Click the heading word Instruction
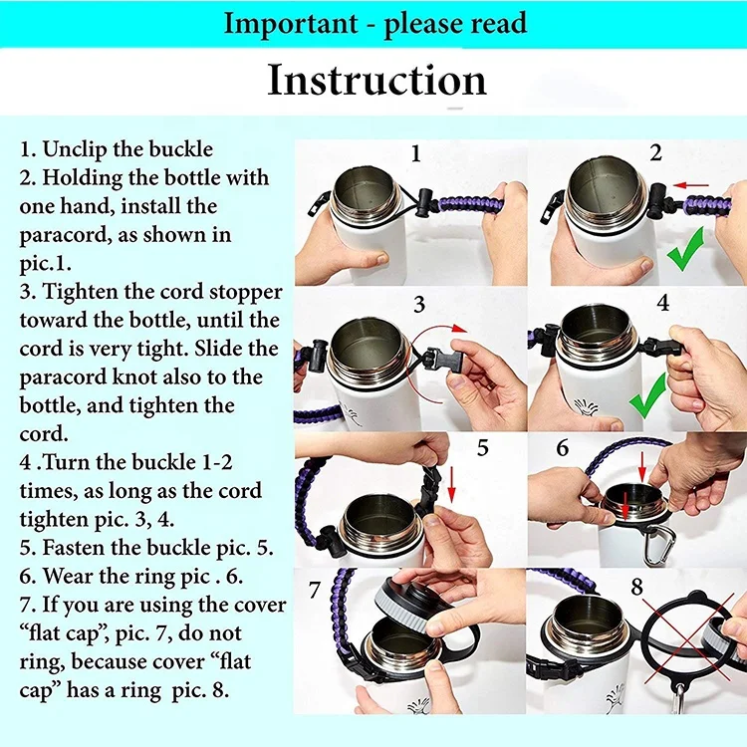tap(376, 80)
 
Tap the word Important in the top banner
tap(291, 24)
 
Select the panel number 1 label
tap(416, 153)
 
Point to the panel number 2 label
tap(655, 152)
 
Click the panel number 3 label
tap(418, 305)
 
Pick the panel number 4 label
tap(662, 303)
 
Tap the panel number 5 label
tap(483, 448)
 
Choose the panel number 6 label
tap(562, 448)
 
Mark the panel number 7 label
tap(314, 590)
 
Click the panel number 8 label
tap(637, 587)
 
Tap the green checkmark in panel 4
tap(648, 395)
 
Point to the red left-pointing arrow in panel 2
tap(691, 185)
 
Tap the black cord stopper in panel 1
tap(425, 201)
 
